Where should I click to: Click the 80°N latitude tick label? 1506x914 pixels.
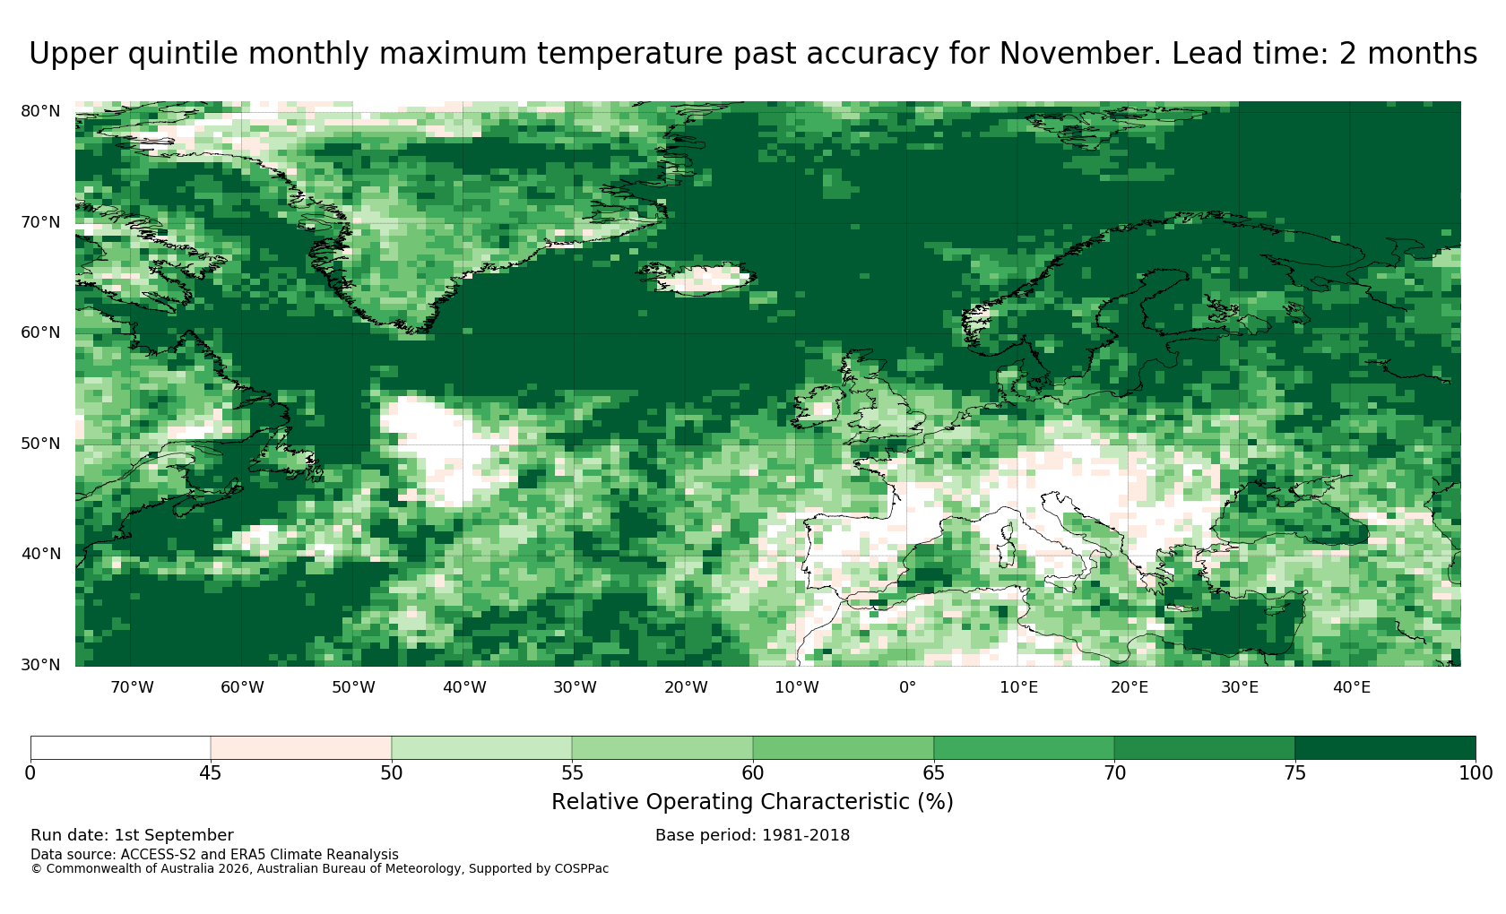point(40,111)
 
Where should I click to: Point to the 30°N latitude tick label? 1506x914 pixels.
point(40,665)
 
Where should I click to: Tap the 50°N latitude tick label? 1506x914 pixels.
point(40,444)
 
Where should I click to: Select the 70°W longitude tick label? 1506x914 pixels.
point(132,687)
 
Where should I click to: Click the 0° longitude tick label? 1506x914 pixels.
point(907,687)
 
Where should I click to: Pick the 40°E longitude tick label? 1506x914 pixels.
point(1352,687)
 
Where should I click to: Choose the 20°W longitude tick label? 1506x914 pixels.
point(686,687)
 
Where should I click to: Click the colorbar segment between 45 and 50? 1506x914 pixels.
point(300,748)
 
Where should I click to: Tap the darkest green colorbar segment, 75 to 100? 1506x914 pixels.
point(1385,748)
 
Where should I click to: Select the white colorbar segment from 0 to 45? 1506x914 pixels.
point(120,748)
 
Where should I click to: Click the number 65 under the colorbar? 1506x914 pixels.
point(933,773)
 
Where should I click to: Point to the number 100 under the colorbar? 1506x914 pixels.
point(1476,773)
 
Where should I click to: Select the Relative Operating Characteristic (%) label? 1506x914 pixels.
point(752,802)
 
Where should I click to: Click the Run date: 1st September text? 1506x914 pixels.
point(132,835)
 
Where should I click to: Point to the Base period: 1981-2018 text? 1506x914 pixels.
point(752,835)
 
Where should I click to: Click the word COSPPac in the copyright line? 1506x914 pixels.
point(581,869)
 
